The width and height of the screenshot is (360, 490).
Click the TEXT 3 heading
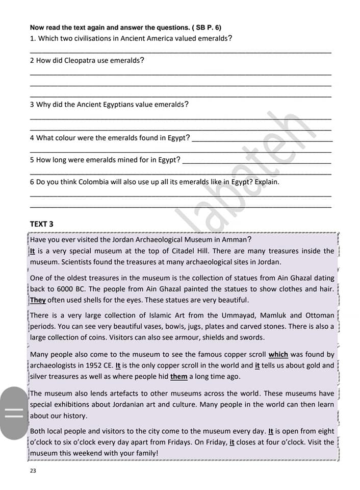coord(41,224)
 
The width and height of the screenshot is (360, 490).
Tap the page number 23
coord(33,471)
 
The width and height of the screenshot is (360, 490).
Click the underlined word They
coord(38,300)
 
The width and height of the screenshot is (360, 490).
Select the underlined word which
coord(278,354)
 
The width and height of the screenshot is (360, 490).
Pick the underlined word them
coord(179,377)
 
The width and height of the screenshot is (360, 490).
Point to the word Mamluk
coord(276,315)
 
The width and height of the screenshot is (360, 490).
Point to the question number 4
coord(32,138)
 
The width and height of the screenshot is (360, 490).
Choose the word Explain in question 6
coord(267,182)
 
